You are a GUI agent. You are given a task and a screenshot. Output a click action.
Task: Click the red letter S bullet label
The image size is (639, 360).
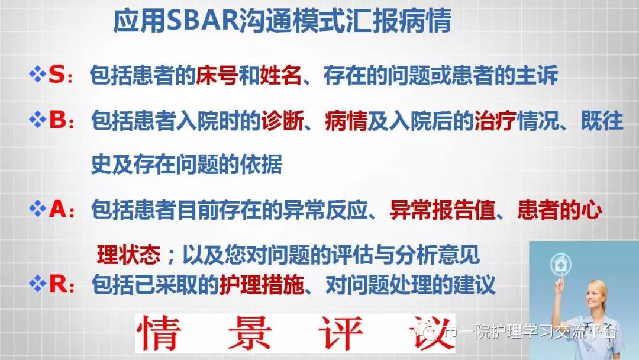[56, 75]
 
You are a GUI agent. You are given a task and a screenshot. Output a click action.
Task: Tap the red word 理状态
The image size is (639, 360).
[128, 255]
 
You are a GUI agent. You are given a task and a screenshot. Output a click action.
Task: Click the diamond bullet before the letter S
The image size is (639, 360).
[37, 75]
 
